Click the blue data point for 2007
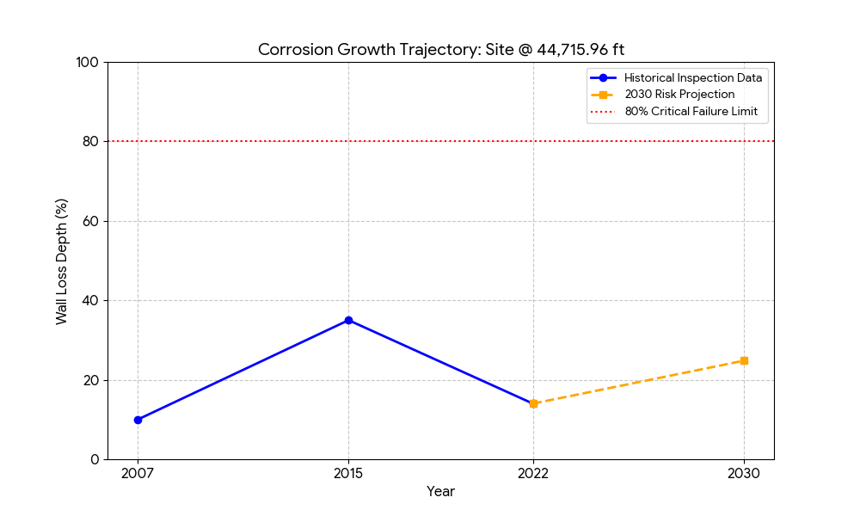pos(138,420)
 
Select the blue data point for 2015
pos(348,320)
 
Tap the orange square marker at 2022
pos(533,403)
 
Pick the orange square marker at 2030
pos(744,360)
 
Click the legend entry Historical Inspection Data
pos(693,77)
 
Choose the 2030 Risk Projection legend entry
pos(679,95)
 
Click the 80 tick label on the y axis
pos(89,141)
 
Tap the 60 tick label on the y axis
pos(89,221)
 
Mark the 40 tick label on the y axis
pos(89,300)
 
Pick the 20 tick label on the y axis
pos(89,380)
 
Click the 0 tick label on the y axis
pos(94,459)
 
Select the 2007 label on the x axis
pos(138,474)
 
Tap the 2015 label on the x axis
pos(348,474)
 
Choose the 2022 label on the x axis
pos(533,474)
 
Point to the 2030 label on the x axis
pos(744,474)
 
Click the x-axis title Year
pos(440,492)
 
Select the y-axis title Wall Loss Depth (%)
pos(62,261)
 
